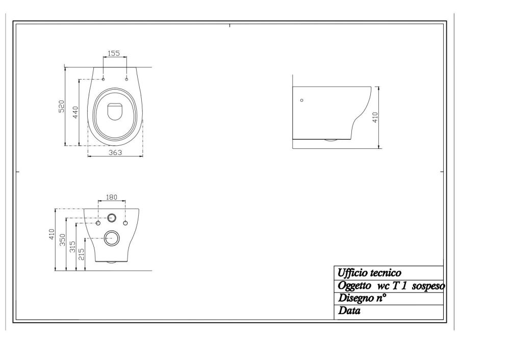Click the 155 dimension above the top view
click(x=114, y=53)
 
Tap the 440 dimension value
click(x=74, y=112)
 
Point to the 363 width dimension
click(x=115, y=152)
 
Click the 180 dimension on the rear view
click(x=112, y=197)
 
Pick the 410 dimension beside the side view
click(x=375, y=118)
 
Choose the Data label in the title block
click(x=349, y=311)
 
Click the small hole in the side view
click(x=301, y=100)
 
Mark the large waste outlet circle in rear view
click(x=111, y=237)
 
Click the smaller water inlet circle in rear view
click(x=112, y=218)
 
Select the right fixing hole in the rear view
click(x=125, y=223)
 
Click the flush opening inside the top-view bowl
click(x=115, y=111)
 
